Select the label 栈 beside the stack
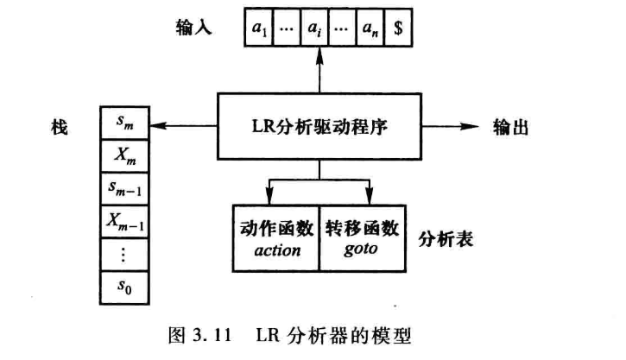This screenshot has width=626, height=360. (x=58, y=127)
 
